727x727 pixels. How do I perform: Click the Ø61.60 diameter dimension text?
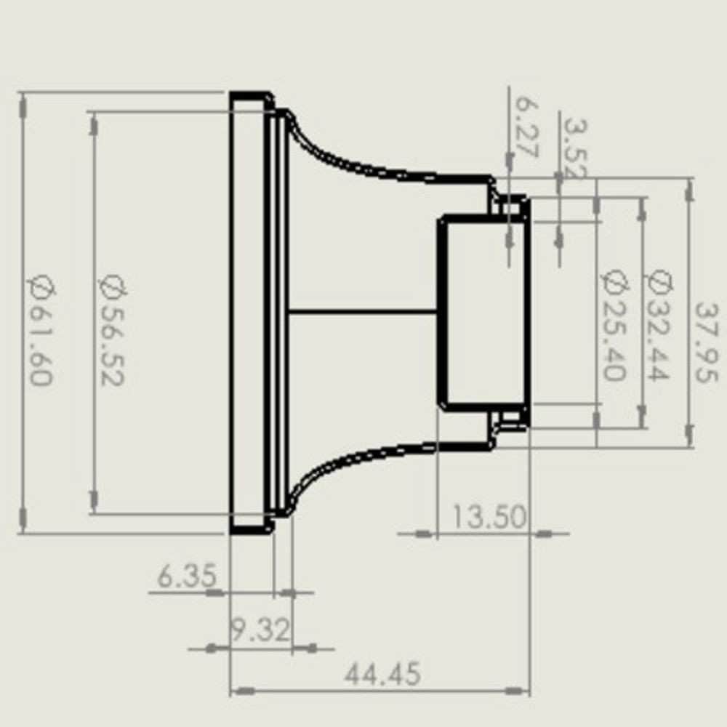pos(41,331)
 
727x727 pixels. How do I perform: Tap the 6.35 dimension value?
pos(187,577)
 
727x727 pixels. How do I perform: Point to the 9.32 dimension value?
pos(260,630)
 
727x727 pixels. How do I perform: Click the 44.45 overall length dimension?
pos(382,675)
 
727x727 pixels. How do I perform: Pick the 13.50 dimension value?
pos(489,518)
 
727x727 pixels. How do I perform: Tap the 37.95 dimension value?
pos(705,342)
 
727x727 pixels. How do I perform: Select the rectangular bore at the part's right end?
pos(482,313)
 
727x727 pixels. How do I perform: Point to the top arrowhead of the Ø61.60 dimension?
pos(23,106)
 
